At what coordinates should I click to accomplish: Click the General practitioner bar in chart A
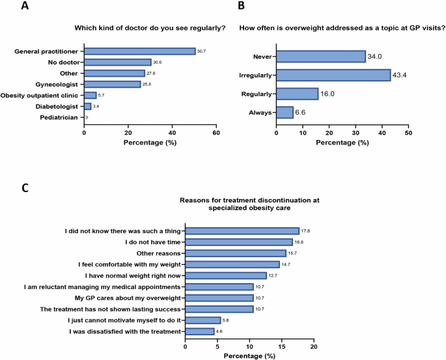point(140,51)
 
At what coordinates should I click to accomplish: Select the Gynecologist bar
point(112,84)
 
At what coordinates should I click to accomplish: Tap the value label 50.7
point(202,51)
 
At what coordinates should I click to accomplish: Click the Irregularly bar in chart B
point(333,76)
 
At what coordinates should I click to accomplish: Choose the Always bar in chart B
point(285,112)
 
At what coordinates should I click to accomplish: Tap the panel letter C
point(25,187)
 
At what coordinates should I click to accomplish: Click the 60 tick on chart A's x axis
point(216,133)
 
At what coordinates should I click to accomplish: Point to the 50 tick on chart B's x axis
point(408,133)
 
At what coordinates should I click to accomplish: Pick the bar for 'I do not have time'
point(239,242)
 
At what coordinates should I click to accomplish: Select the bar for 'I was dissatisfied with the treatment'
point(200,331)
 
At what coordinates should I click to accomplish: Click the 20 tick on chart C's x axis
point(314,347)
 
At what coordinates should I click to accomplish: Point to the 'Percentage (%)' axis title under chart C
point(249,355)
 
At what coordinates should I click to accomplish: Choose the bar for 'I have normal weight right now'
point(226,275)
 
